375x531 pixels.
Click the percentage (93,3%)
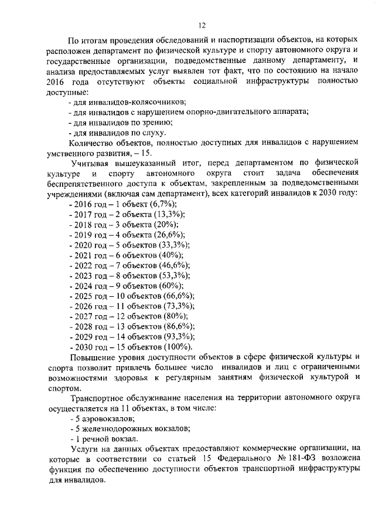coord(178,337)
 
